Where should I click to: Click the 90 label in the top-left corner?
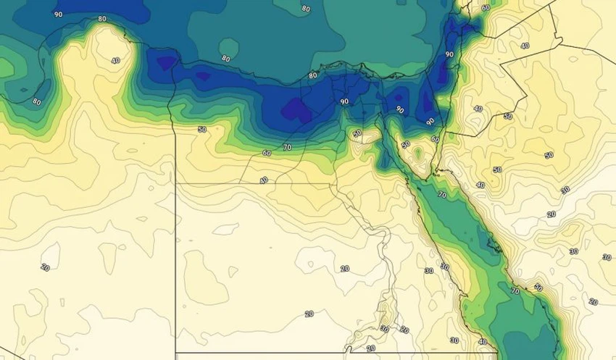(x=58, y=14)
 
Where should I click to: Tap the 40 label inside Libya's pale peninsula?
(x=115, y=60)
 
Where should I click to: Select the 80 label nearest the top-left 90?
(x=101, y=19)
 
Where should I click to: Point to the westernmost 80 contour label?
(x=36, y=102)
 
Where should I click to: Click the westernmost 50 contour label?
(x=201, y=130)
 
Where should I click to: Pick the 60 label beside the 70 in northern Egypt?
(x=267, y=154)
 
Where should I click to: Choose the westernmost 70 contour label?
(x=287, y=147)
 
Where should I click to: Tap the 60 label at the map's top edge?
(x=486, y=8)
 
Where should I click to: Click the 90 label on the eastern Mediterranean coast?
(x=449, y=54)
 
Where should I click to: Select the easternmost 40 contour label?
(x=525, y=46)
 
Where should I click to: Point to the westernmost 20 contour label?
(x=45, y=267)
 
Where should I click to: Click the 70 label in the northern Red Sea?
(x=441, y=195)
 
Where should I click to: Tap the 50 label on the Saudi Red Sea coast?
(x=538, y=288)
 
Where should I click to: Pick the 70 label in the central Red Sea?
(x=515, y=291)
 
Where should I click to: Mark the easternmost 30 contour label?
(x=605, y=257)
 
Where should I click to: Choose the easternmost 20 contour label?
(x=594, y=301)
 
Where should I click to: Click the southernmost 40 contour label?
(x=483, y=342)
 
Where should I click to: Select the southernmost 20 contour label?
(x=371, y=348)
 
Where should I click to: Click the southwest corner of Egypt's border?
(x=176, y=353)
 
